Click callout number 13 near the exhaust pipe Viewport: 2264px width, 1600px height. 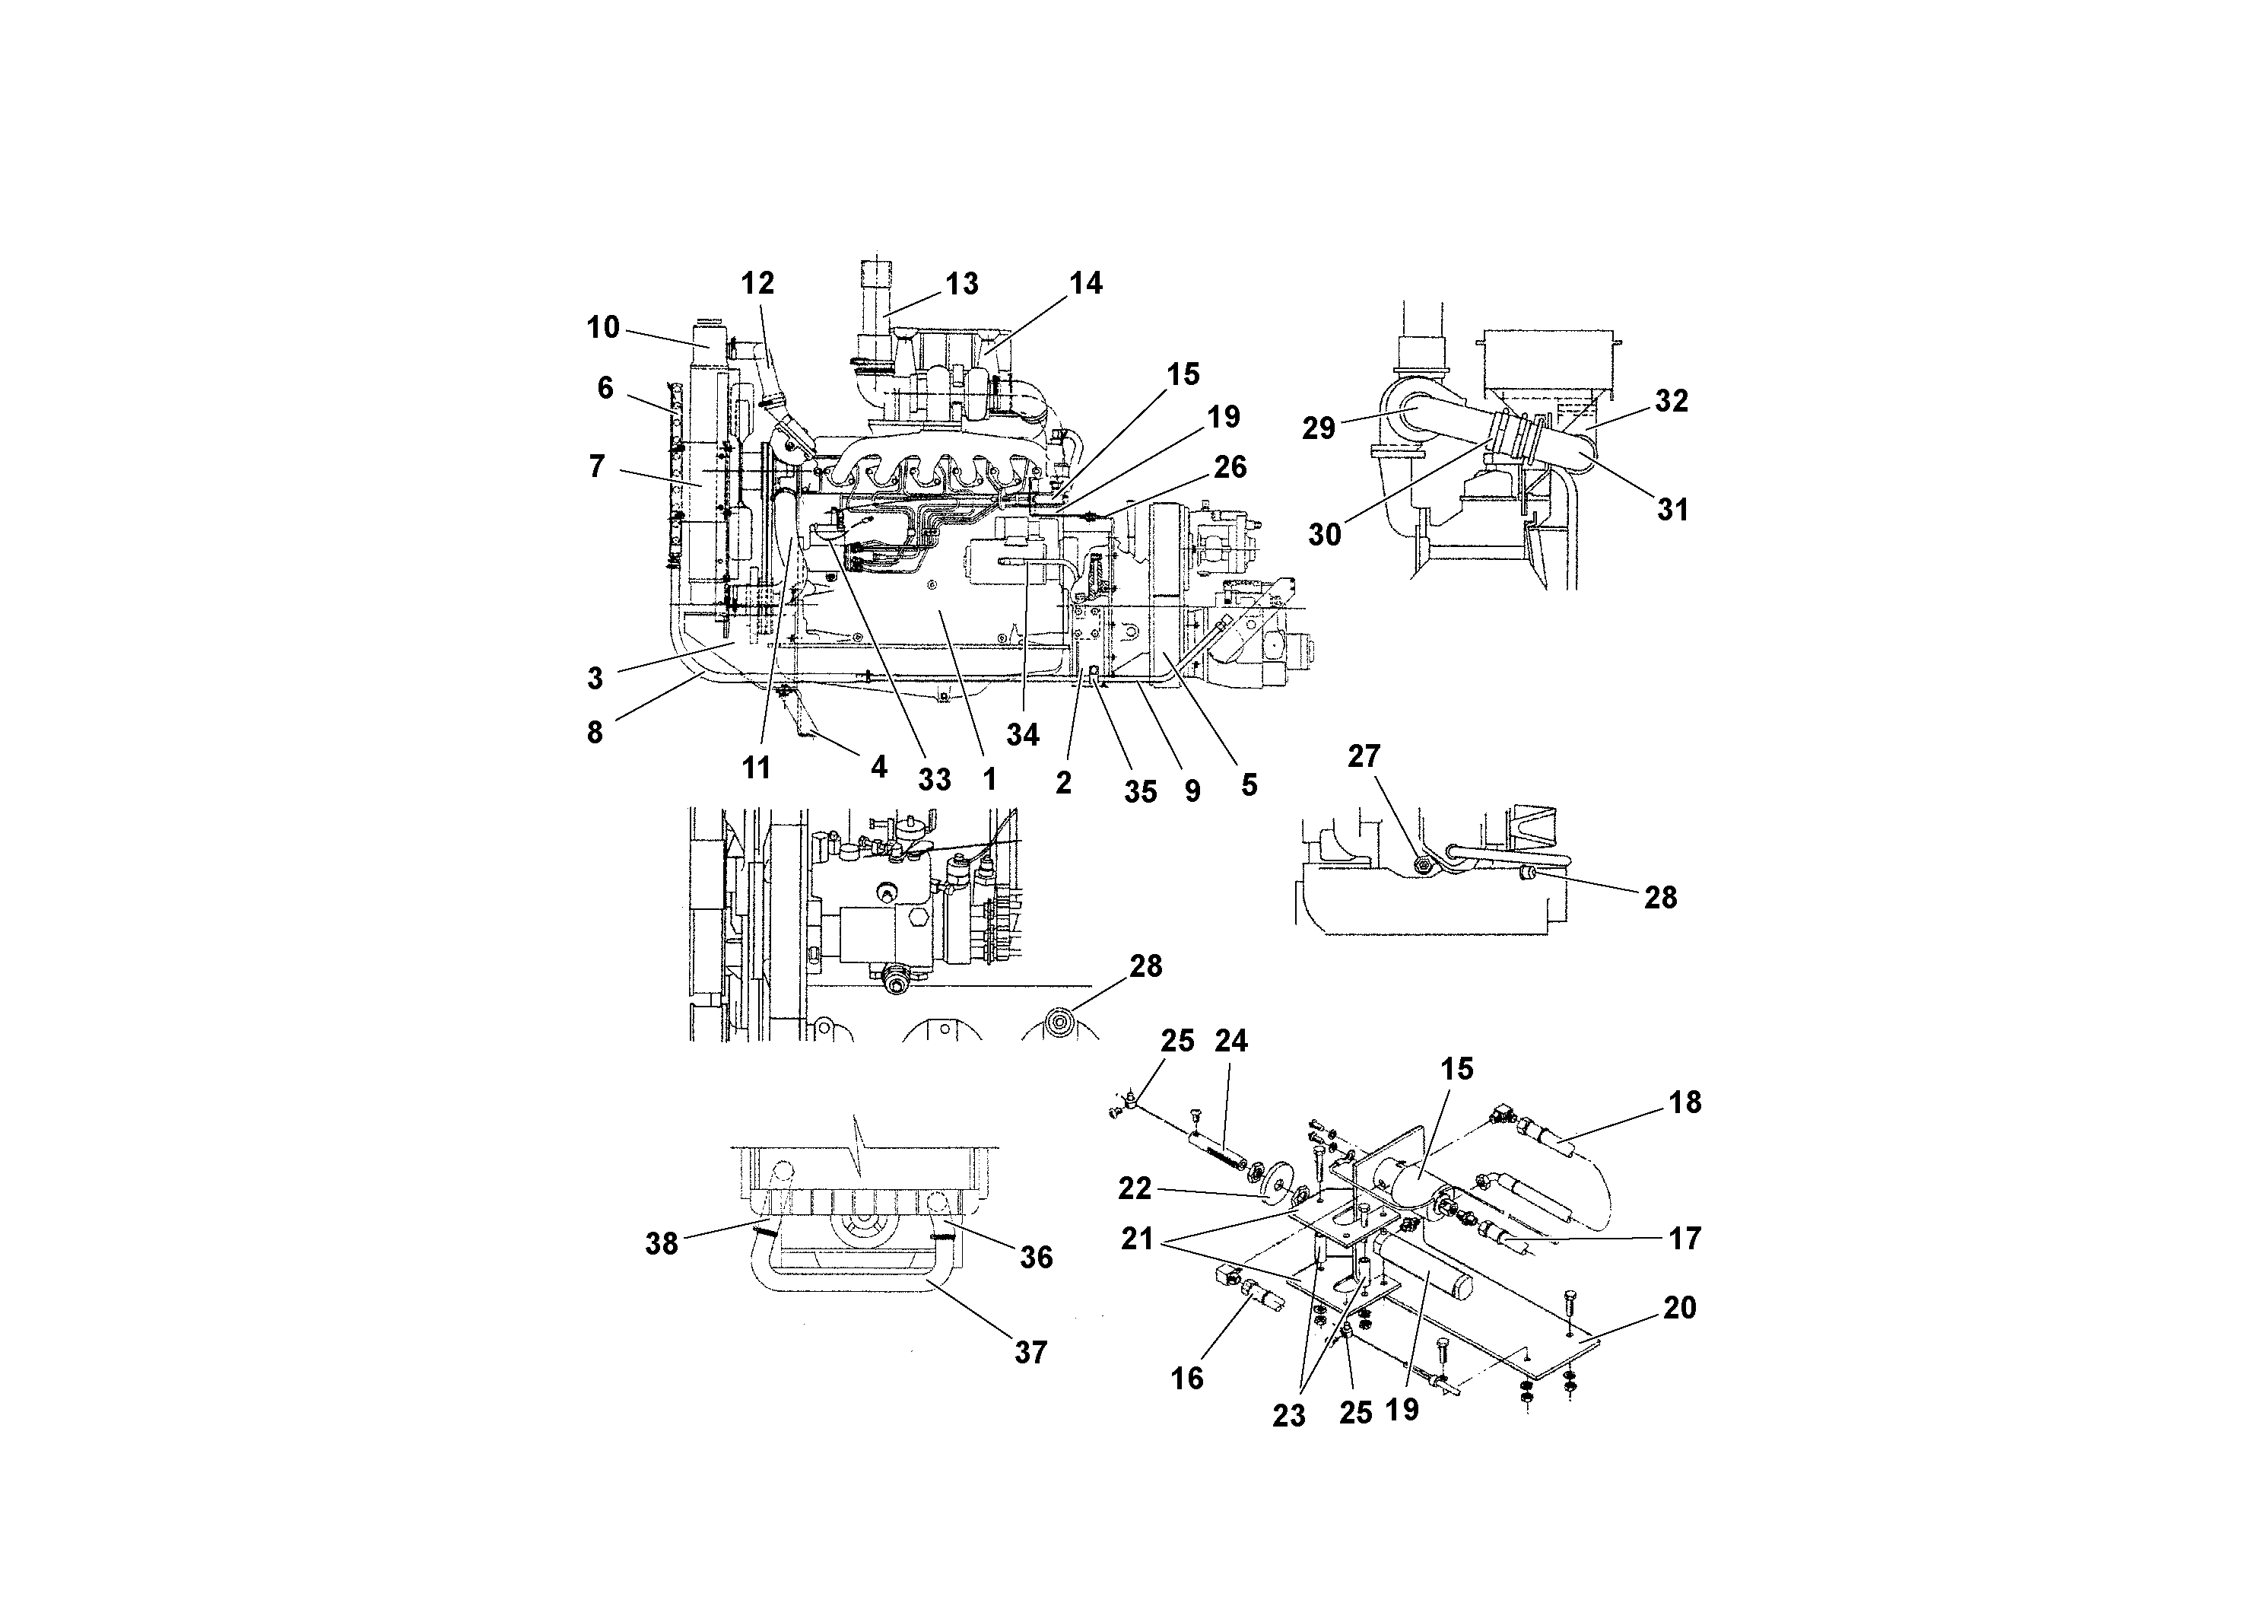(961, 284)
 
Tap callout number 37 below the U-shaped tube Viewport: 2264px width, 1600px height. (1030, 1353)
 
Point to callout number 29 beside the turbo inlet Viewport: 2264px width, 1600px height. (1319, 428)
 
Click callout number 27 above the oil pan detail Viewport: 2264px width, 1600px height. (1364, 756)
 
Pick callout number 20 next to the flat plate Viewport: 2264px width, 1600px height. (1679, 1308)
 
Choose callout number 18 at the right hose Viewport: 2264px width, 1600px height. (1685, 1103)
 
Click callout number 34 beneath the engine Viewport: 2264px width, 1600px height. (1023, 735)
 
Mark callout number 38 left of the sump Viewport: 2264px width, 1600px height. (661, 1244)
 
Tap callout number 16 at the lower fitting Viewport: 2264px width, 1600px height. (1186, 1378)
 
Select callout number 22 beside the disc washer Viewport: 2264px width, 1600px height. (1134, 1188)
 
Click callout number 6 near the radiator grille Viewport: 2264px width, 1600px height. (605, 388)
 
